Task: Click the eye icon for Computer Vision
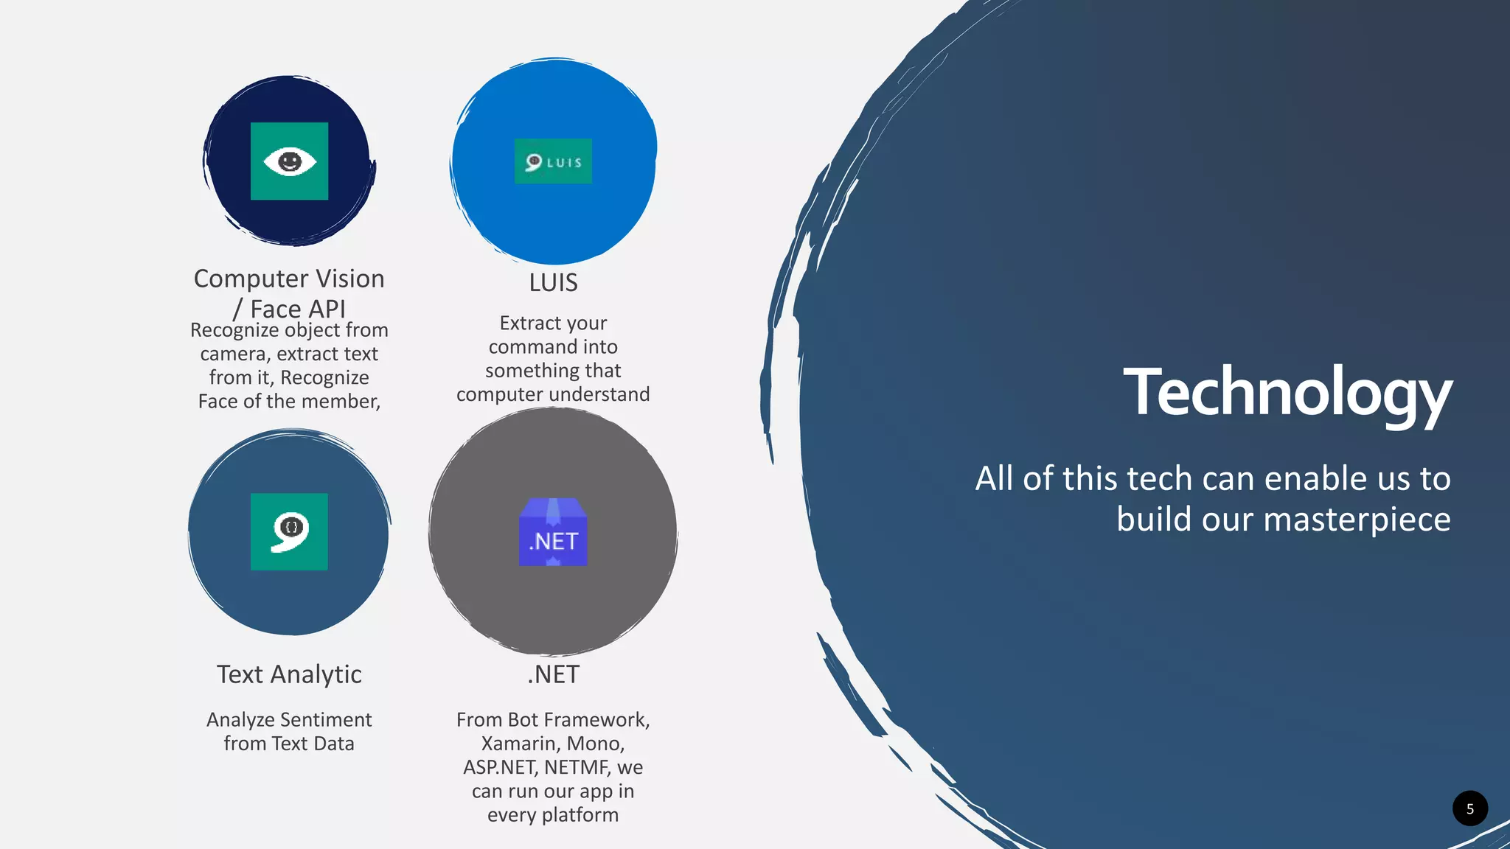(x=289, y=161)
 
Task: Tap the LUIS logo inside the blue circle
(x=553, y=161)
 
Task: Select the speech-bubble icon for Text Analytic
(x=289, y=531)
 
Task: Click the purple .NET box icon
(x=553, y=533)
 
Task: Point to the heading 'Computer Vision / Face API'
(x=289, y=293)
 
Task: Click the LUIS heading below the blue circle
(x=553, y=283)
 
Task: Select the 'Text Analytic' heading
(x=289, y=674)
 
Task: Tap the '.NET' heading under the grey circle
(x=553, y=674)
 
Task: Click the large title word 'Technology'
(x=1287, y=393)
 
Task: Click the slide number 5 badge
(x=1469, y=808)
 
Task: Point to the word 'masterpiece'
(x=1357, y=520)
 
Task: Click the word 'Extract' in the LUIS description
(x=525, y=324)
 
